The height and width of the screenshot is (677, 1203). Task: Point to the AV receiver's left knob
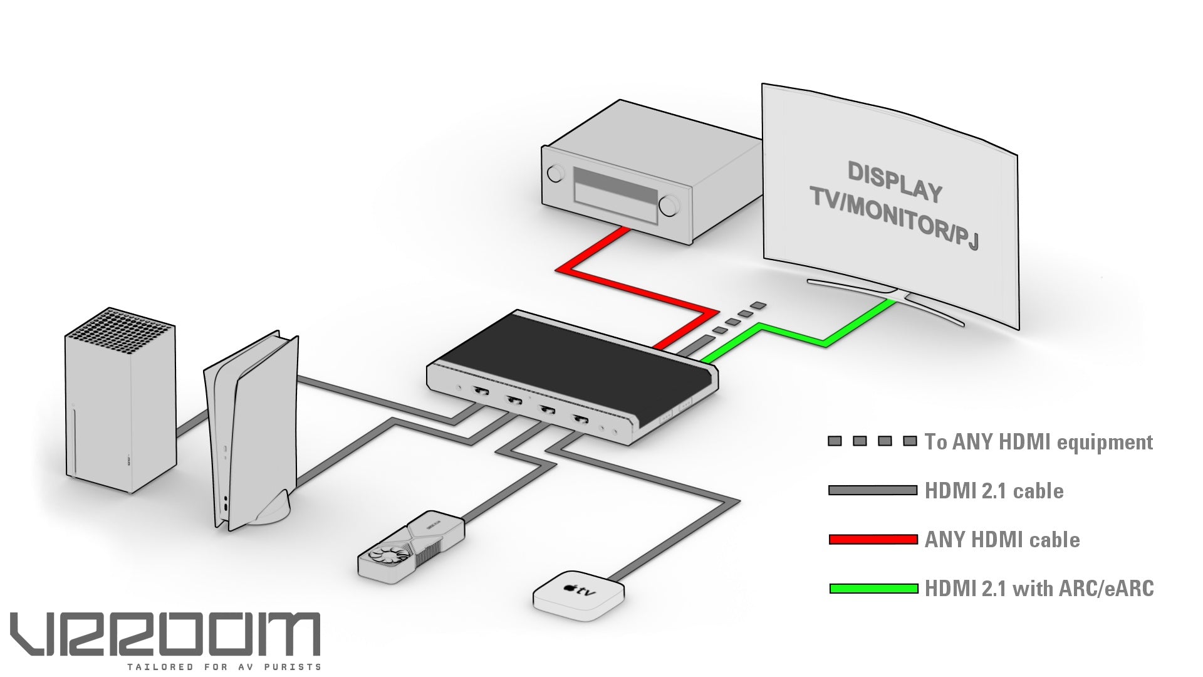pos(555,173)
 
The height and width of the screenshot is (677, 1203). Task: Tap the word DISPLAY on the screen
pos(895,182)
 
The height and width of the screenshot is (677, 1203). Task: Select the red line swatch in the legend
pos(873,539)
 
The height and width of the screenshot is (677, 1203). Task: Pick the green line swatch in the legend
pos(873,589)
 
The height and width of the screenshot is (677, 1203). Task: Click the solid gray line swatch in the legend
pos(873,490)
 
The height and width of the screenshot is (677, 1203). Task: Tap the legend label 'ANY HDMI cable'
pos(1002,540)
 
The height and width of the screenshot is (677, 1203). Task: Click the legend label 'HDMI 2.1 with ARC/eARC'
pos(1039,589)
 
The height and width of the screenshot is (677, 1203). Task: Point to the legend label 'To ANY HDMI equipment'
pos(1038,442)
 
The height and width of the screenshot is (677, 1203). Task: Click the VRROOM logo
pos(165,634)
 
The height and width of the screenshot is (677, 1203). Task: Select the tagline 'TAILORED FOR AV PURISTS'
pos(224,667)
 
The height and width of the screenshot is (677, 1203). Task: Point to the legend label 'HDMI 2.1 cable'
pos(994,491)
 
